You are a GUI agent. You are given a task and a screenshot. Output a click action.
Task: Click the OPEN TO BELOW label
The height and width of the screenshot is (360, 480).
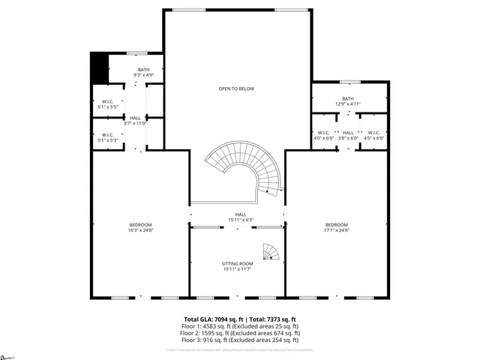236,88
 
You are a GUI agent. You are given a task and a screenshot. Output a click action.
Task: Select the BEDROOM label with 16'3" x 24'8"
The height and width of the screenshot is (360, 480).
140,227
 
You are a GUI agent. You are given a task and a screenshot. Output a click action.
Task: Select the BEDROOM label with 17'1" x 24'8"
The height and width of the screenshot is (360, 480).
336,227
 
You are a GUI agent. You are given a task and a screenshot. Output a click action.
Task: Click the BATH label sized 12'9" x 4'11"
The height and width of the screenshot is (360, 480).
348,100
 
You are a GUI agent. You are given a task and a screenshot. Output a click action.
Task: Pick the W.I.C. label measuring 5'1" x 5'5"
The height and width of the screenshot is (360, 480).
107,104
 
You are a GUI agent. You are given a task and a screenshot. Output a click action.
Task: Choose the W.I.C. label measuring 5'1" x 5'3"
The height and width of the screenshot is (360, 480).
107,137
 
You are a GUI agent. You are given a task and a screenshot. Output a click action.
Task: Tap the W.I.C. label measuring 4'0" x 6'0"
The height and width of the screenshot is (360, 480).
324,135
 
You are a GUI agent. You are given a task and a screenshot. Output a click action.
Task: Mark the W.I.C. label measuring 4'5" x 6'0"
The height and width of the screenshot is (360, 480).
373,135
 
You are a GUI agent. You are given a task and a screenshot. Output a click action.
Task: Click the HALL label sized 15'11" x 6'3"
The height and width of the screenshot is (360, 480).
237,217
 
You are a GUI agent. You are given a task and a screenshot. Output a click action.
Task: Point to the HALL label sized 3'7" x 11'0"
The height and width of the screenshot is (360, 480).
135,120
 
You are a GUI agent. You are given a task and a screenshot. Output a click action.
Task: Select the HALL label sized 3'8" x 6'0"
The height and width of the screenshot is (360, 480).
348,135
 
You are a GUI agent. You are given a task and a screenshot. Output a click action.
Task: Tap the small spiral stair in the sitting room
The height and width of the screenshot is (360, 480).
271,251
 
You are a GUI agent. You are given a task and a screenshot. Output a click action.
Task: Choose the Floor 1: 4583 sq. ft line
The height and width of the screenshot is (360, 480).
240,326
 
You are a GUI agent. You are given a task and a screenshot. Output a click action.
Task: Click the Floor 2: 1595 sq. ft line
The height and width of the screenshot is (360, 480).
240,333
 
